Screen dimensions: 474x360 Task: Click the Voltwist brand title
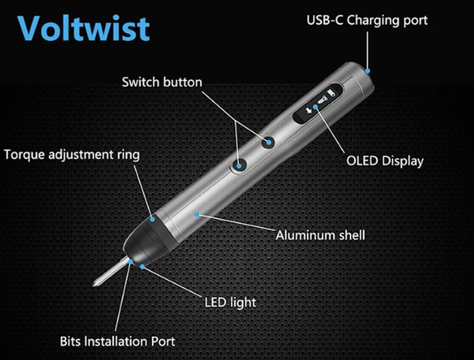coord(84,28)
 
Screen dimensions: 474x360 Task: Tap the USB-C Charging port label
coord(367,21)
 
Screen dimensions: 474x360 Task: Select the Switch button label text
coord(162,82)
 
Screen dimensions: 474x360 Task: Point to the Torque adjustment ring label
coord(72,155)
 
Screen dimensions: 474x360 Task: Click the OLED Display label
coord(385,161)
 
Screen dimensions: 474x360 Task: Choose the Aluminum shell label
coord(320,235)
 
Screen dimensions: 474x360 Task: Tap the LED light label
coord(230,303)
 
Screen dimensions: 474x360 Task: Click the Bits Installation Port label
coord(117,341)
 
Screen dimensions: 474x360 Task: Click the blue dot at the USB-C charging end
coord(368,71)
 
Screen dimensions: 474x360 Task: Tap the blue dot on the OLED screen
coord(316,107)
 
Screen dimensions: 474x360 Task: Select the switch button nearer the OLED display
coord(268,142)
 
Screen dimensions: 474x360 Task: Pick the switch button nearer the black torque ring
coord(238,166)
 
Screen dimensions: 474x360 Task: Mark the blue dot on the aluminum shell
coord(197,214)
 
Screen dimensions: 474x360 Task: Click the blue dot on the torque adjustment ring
coord(153,219)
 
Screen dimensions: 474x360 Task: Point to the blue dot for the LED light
coord(142,267)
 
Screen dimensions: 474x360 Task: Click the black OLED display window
coord(318,104)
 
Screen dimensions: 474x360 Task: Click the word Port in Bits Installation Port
coord(163,341)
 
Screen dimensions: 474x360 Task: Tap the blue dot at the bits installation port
coord(130,262)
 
